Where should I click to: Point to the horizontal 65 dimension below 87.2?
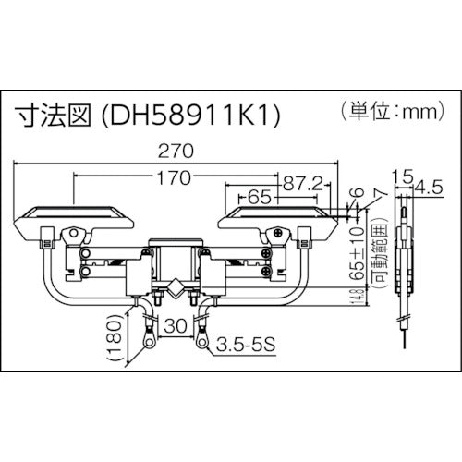pyautogui.click(x=260, y=197)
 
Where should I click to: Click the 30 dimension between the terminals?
pyautogui.click(x=175, y=326)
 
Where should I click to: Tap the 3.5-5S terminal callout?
pyautogui.click(x=248, y=346)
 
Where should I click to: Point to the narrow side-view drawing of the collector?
pyautogui.click(x=403, y=268)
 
